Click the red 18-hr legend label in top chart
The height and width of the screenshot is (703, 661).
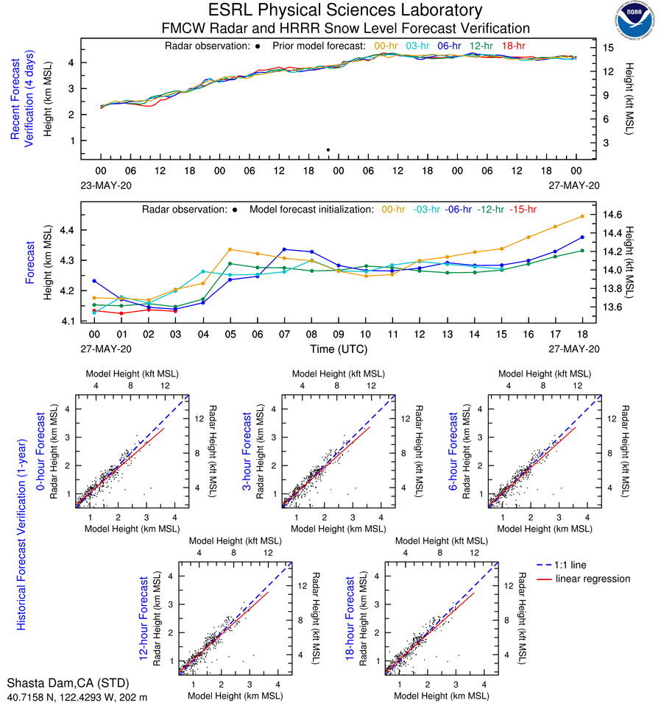[x=513, y=46]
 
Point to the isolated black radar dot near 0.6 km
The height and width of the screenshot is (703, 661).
[x=328, y=150]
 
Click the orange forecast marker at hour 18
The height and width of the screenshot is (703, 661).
[x=582, y=216]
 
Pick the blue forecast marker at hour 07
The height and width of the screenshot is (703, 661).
[x=284, y=249]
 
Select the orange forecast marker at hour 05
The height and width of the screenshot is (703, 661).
[x=230, y=249]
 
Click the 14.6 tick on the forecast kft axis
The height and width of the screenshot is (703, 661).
[x=613, y=215]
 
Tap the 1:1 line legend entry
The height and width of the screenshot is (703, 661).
[x=573, y=564]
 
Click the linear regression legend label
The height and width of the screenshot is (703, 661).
[x=593, y=579]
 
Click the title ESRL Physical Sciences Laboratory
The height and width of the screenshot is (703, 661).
[x=345, y=10]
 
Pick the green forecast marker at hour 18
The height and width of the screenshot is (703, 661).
[x=582, y=251]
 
